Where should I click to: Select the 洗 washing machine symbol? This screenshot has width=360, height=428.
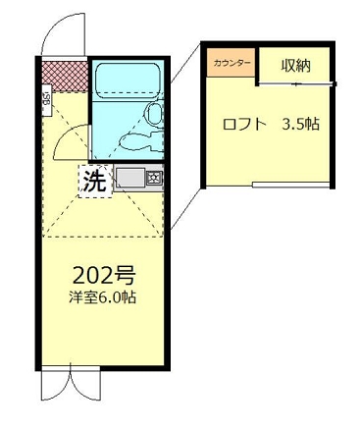[x=93, y=181]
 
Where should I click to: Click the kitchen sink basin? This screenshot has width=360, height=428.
[x=129, y=180]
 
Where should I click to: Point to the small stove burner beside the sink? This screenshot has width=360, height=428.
[x=154, y=180]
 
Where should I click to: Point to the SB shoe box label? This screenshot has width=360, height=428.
[x=47, y=98]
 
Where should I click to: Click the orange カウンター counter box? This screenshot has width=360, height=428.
[x=231, y=63]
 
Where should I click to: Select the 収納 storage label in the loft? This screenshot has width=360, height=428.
[x=296, y=66]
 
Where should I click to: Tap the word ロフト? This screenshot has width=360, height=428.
[x=244, y=125]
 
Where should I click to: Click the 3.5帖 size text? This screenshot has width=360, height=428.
[x=301, y=125]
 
